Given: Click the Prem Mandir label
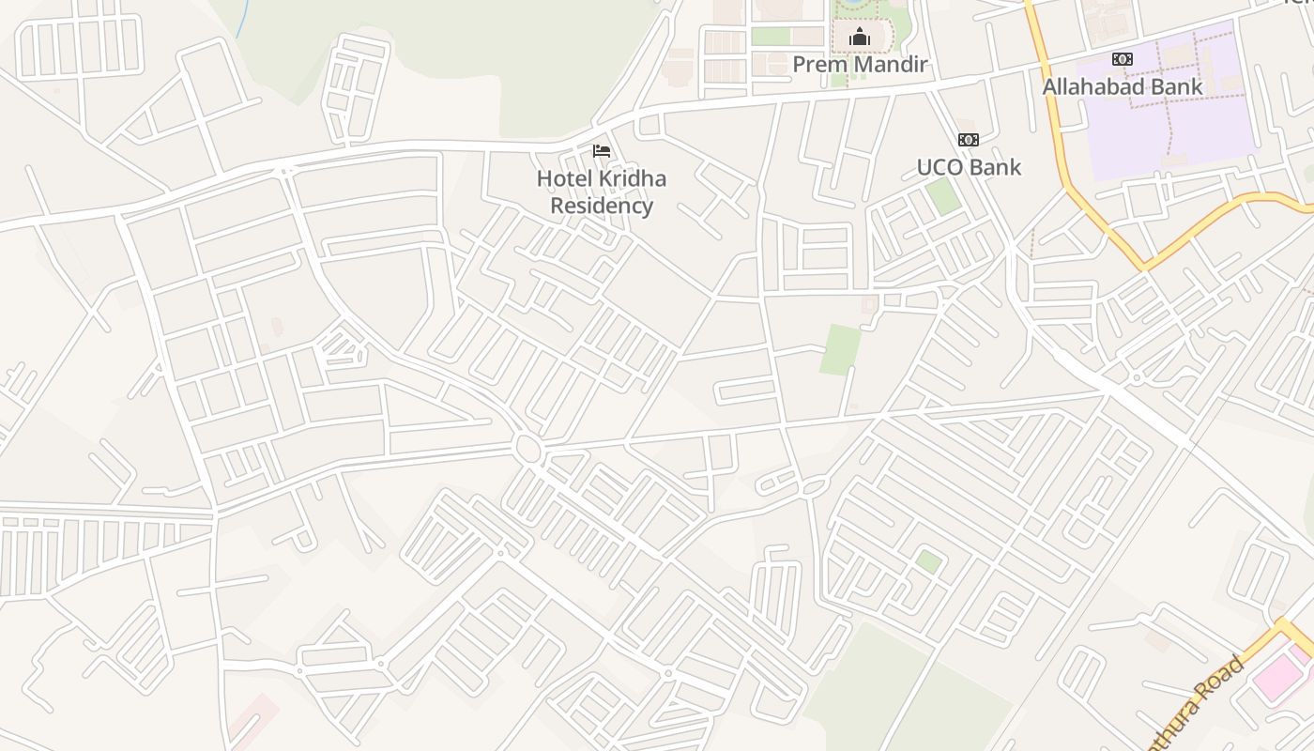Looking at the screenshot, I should [x=860, y=65].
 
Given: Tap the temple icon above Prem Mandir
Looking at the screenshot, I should [x=859, y=38].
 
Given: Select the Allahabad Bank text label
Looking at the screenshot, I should [x=1123, y=87].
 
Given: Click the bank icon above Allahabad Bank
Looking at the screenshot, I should [x=1122, y=59].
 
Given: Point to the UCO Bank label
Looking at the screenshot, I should [x=969, y=168].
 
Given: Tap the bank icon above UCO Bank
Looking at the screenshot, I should [x=968, y=140].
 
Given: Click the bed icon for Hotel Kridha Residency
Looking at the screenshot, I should [x=602, y=150].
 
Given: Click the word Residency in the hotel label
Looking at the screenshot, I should [x=602, y=206].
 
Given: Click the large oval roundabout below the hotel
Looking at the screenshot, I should [x=528, y=449].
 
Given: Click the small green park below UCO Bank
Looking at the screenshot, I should [x=942, y=195].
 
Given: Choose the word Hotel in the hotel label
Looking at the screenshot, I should [x=560, y=178].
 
